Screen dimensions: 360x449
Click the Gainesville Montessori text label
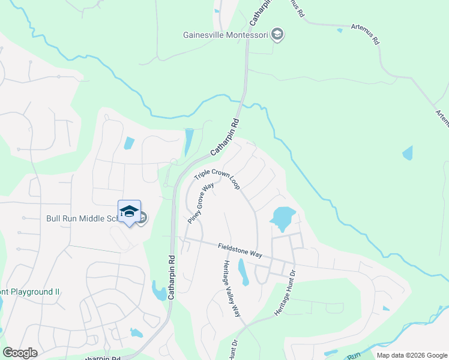pos(225,34)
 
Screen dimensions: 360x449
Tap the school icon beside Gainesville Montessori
pos(277,34)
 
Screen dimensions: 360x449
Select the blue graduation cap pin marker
pos(129,212)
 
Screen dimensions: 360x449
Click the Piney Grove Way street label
pos(200,203)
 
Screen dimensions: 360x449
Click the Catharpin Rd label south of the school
pos(172,277)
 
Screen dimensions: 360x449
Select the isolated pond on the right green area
pos(408,152)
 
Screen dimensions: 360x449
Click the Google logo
pos(20,353)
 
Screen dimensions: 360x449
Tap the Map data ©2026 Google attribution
pos(411,355)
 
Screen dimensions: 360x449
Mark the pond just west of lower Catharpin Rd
pos(160,292)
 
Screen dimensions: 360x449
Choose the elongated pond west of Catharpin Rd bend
pos(189,142)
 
